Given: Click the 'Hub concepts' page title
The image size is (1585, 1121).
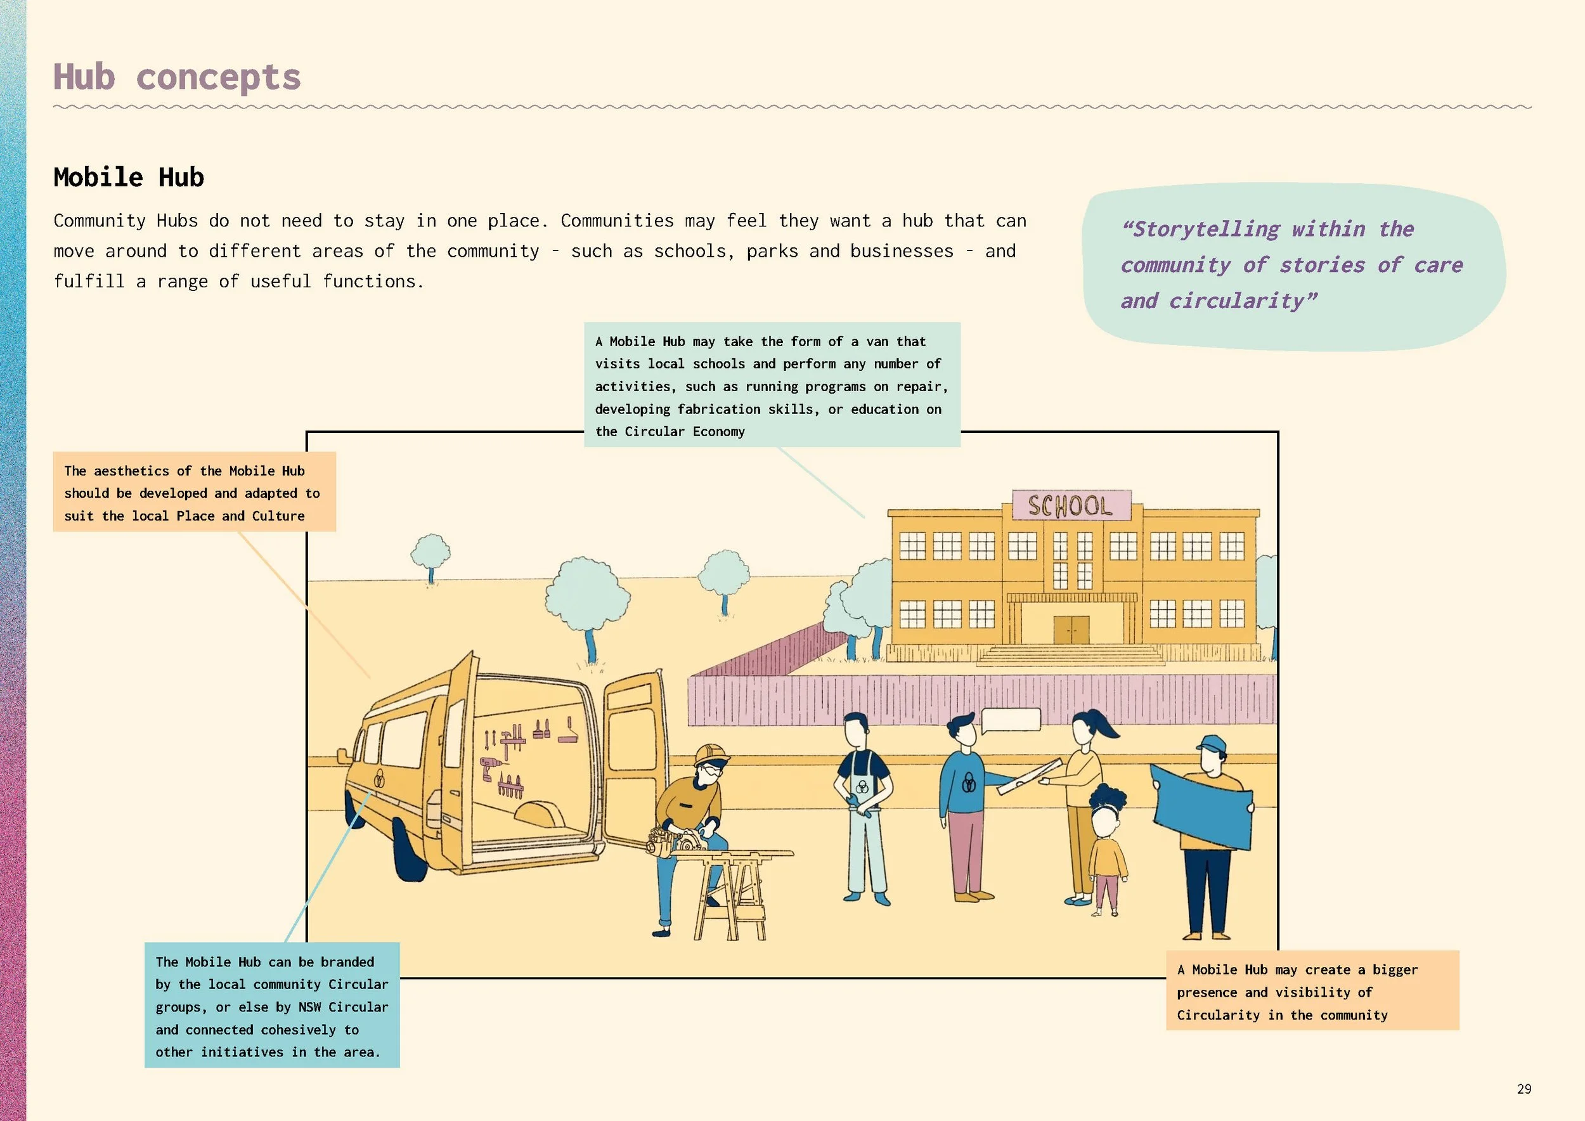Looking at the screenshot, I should coord(177,77).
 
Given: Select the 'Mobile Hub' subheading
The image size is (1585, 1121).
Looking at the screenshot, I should coord(129,178).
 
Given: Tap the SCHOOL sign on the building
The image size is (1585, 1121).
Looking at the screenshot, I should coord(1071,505).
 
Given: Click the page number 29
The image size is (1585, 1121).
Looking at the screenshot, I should coord(1524,1089).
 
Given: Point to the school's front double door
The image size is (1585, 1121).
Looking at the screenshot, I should coord(1071,630).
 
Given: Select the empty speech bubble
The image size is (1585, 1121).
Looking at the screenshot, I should coord(1011,719).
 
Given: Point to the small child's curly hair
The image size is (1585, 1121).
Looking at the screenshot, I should coord(1108,799).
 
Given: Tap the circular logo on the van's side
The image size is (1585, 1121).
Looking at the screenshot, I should coord(379,779).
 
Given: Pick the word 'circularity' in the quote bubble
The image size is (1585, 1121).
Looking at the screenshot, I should coord(1236,301).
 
